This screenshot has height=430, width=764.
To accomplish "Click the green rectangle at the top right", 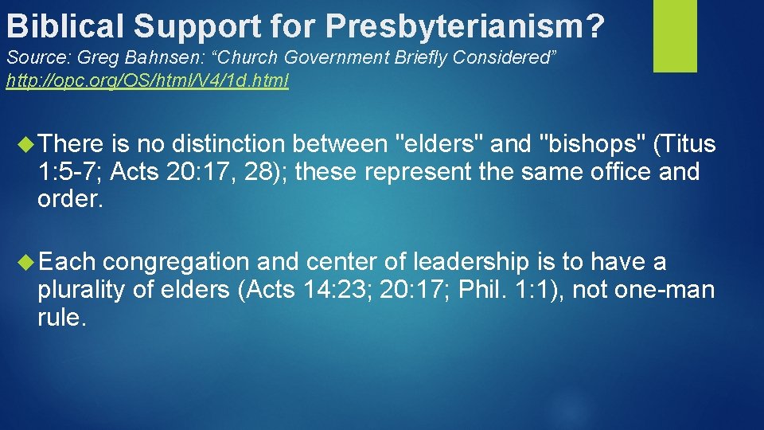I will pyautogui.click(x=674, y=35).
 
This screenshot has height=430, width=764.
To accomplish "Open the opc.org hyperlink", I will pyautogui.click(x=147, y=81).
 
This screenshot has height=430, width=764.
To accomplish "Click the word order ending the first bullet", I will pyautogui.click(x=69, y=199).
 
